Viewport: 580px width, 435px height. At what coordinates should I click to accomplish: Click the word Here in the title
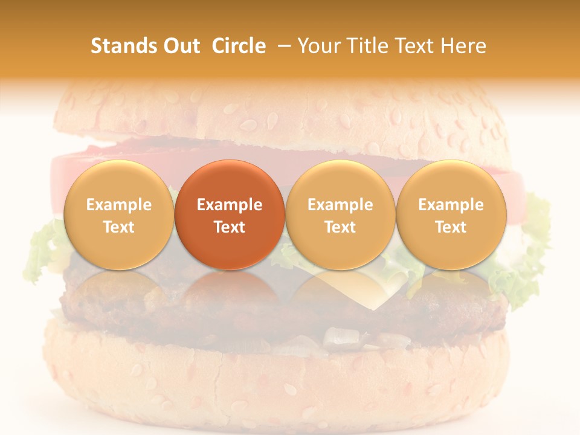464,46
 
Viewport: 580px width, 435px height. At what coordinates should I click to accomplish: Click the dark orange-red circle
229,215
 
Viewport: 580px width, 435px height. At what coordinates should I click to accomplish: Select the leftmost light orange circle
118,215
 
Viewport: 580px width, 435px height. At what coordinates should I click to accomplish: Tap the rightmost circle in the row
451,215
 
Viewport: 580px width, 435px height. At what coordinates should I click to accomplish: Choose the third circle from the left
340,215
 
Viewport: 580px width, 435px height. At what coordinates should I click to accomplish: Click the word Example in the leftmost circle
118,205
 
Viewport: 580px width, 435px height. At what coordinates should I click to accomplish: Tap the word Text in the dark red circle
229,227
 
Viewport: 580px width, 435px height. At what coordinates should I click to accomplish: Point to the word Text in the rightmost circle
451,227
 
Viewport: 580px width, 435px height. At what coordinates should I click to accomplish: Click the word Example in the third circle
340,205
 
